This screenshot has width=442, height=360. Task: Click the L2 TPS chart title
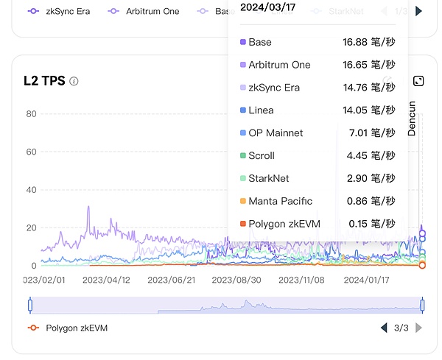point(43,80)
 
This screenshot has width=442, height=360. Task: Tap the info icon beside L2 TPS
point(74,81)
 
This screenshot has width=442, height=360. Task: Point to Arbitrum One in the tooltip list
point(279,65)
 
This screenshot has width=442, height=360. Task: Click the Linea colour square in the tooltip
point(243,110)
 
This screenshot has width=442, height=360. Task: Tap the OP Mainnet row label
point(276,133)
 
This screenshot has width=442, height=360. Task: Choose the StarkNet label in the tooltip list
point(269,178)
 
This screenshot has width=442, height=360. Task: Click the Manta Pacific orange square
point(243,201)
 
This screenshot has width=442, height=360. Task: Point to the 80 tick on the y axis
point(31,114)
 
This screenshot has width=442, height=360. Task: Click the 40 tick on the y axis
point(31,190)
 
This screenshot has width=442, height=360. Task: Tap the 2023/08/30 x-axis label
point(236,280)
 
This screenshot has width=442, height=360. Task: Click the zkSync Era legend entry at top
point(59,12)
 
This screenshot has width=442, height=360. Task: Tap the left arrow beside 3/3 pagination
point(383,328)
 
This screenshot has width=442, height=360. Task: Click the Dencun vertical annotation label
point(413,118)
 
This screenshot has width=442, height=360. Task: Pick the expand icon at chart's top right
point(418,81)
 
